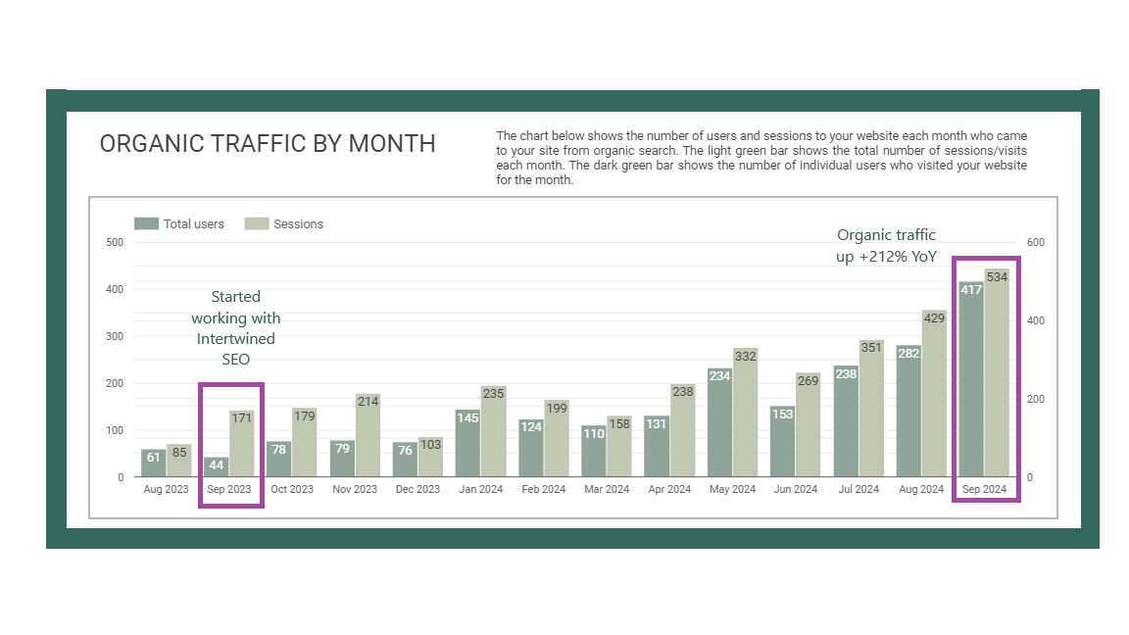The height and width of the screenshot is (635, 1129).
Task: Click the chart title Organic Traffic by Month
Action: [x=268, y=144]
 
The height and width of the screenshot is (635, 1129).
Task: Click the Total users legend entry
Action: [x=180, y=224]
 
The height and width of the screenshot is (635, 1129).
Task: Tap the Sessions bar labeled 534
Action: [x=997, y=372]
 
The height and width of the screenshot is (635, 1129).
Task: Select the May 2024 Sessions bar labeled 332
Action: [x=745, y=413]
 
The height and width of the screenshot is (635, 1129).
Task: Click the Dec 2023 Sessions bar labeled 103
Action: [x=430, y=458]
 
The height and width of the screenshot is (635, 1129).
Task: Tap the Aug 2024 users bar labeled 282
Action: [x=908, y=412]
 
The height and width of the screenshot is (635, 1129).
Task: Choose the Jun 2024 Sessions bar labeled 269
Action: [x=808, y=425]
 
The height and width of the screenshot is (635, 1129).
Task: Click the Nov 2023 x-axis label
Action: [x=355, y=489]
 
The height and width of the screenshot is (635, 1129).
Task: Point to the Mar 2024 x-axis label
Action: [x=606, y=489]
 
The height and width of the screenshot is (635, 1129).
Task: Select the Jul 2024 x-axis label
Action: [x=858, y=489]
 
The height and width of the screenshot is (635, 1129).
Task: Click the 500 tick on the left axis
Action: [x=115, y=242]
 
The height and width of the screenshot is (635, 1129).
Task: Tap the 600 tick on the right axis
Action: [x=1035, y=242]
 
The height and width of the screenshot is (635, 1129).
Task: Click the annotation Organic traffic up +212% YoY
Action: [x=886, y=246]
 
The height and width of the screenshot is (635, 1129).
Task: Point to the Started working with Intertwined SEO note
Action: [x=235, y=328]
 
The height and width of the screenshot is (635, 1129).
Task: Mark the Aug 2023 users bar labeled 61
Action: [x=153, y=463]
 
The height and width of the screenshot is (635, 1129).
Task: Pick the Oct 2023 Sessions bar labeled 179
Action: [x=304, y=442]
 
